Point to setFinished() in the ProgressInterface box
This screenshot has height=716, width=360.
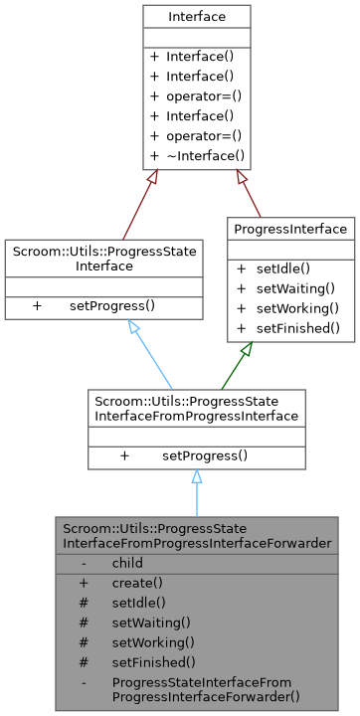[295, 327]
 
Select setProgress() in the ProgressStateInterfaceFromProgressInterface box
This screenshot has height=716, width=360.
[205, 455]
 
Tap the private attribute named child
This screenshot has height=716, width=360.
[127, 563]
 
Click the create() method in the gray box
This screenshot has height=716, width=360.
[137, 583]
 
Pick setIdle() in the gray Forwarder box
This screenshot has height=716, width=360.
[138, 603]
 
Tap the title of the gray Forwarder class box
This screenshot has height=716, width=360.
[196, 535]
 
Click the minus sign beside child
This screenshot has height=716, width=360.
[85, 563]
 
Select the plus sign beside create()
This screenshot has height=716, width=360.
[85, 583]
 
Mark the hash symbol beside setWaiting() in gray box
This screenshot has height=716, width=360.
[85, 623]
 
